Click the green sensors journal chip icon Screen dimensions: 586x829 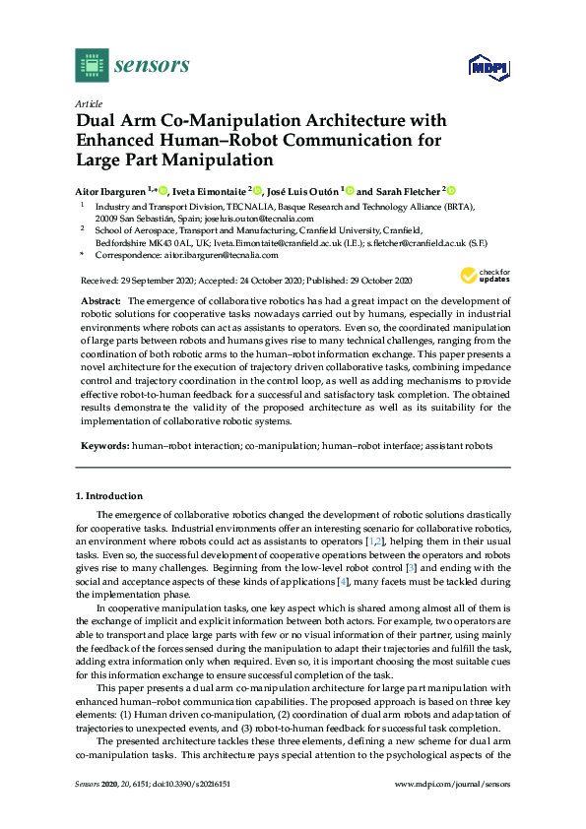[x=92, y=65]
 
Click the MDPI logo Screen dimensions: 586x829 [x=484, y=68]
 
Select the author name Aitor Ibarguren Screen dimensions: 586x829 [x=110, y=190]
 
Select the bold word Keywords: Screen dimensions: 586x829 [x=103, y=445]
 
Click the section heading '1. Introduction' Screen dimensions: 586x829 [x=109, y=495]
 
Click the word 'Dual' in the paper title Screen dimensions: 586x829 [x=98, y=121]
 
